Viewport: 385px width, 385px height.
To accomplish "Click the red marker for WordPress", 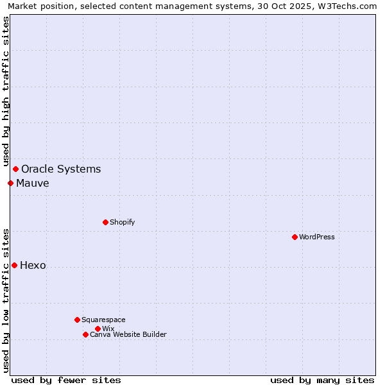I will tap(295, 237).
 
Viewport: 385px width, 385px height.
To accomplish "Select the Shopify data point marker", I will tap(105, 222).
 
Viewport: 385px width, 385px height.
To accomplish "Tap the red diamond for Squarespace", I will tap(77, 320).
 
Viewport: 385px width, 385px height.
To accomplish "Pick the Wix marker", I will tap(98, 329).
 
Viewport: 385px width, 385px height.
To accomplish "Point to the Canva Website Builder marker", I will tap(85, 334).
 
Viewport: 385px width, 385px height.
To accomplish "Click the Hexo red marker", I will tap(14, 265).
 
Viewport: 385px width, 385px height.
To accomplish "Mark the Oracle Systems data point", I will tap(15, 169).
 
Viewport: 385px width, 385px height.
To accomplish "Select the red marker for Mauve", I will tap(10, 183).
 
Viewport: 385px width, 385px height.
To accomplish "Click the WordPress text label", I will tap(317, 237).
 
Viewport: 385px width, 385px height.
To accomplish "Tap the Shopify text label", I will tap(123, 222).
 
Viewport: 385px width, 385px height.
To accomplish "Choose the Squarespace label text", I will tap(103, 320).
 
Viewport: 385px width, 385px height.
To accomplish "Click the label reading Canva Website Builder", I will tap(128, 334).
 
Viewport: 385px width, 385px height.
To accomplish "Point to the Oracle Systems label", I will tap(61, 169).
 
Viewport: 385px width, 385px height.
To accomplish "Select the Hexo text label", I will tap(33, 266).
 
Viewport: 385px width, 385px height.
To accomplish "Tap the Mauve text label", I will tap(33, 184).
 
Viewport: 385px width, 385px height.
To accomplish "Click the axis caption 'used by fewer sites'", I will tap(66, 380).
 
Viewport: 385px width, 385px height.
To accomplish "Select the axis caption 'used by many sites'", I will tap(322, 380).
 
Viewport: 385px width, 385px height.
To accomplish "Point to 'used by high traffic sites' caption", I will tap(6, 91).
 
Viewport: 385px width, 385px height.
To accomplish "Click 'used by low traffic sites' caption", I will tap(6, 300).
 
